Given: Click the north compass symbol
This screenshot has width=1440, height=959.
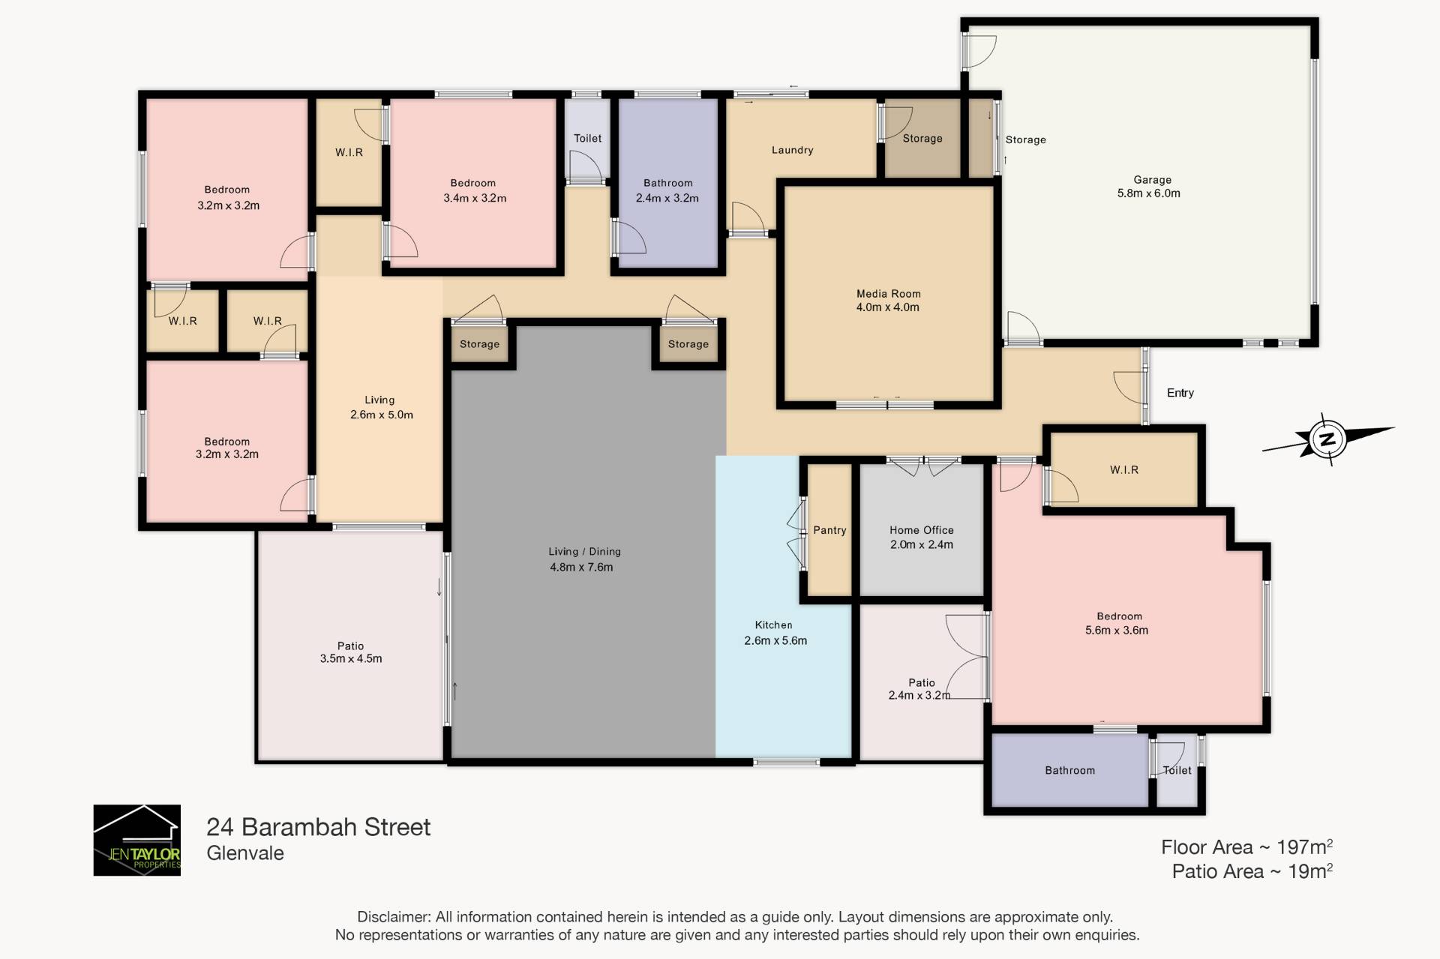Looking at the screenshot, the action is click(x=1327, y=439).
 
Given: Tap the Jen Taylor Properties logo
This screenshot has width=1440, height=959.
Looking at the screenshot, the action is click(x=136, y=840).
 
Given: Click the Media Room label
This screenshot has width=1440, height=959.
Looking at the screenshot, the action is click(x=888, y=294).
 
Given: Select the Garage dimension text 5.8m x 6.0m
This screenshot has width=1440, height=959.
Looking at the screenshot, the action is click(x=1148, y=193).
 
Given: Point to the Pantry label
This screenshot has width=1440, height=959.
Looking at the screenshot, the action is click(x=829, y=530).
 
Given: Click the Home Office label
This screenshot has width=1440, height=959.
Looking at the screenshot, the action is click(x=922, y=530).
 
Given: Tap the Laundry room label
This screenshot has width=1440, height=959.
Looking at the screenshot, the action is click(x=792, y=150).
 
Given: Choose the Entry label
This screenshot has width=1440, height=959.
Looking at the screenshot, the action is click(x=1180, y=393).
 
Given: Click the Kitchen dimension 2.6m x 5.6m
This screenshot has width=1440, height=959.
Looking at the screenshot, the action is click(x=775, y=640).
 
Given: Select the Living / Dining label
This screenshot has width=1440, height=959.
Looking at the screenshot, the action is click(x=584, y=552).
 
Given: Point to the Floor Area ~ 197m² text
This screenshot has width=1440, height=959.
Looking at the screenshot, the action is click(x=1247, y=847).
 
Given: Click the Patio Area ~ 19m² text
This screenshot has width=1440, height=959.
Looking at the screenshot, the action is click(x=1252, y=871).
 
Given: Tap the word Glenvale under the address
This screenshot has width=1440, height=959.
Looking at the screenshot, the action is click(x=245, y=853).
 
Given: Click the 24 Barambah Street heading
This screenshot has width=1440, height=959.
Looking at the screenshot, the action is click(x=318, y=827).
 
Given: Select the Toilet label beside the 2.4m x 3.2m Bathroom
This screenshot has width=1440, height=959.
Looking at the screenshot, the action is click(x=587, y=138).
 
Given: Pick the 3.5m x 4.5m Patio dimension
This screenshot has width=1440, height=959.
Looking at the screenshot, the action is click(x=351, y=659).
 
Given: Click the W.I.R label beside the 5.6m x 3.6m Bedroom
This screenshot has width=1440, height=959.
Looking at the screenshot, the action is click(x=1123, y=470).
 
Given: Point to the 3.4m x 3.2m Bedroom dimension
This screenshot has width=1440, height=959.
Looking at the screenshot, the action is click(x=475, y=199).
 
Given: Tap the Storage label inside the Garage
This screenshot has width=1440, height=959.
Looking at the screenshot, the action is click(x=1025, y=139).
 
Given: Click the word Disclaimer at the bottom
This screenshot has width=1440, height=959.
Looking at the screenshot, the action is click(x=393, y=917).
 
